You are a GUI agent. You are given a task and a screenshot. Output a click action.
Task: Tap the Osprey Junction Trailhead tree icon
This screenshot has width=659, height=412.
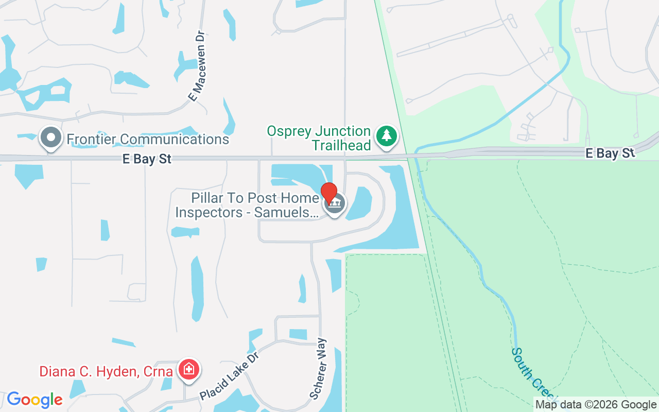pyautogui.click(x=386, y=136)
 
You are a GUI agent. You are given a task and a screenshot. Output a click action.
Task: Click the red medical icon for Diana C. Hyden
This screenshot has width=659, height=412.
pyautogui.click(x=189, y=369)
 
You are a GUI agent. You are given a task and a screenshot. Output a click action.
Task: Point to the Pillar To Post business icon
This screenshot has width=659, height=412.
pyautogui.click(x=335, y=204)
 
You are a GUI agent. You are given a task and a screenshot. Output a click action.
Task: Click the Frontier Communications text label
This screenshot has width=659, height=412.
pyautogui.click(x=148, y=139)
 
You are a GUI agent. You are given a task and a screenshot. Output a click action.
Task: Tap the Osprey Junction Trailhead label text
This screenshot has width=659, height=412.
pyautogui.click(x=319, y=138)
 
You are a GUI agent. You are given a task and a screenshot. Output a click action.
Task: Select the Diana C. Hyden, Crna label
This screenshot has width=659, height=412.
pyautogui.click(x=106, y=371)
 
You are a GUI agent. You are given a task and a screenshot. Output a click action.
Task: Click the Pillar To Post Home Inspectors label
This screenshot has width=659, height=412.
pyautogui.click(x=248, y=205)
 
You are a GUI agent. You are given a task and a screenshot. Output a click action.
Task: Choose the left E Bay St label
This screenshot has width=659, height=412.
pyautogui.click(x=147, y=159)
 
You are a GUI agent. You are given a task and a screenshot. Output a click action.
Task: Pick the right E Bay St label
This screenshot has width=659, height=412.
pyautogui.click(x=610, y=153)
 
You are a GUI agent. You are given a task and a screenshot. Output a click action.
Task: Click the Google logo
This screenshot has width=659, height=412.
pyautogui.click(x=34, y=400)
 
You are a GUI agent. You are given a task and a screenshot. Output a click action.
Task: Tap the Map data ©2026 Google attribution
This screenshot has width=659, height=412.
pyautogui.click(x=596, y=405)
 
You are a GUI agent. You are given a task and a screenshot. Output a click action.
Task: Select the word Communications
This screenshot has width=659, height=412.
pyautogui.click(x=176, y=139)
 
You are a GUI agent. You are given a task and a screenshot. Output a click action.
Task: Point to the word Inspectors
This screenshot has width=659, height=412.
pyautogui.click(x=209, y=212)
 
